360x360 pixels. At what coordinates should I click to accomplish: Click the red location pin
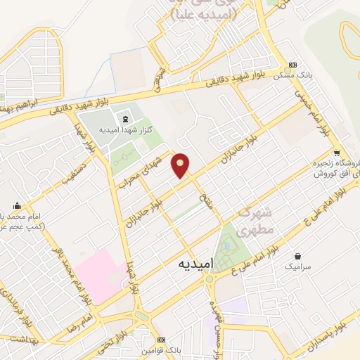(181, 166)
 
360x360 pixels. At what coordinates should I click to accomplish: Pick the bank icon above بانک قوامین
(162, 340)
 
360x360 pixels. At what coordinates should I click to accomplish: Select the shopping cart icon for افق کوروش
(337, 153)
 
